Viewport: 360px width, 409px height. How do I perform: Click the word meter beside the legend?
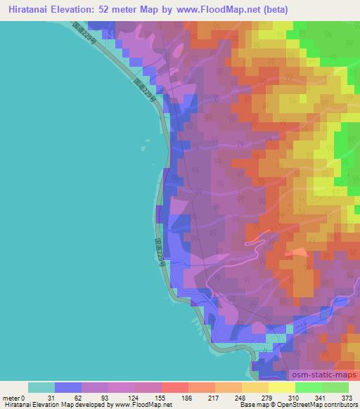[x=11, y=397]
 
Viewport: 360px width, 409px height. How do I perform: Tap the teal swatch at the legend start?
[x=41, y=387]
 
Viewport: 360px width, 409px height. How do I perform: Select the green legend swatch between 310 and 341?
[x=309, y=387]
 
